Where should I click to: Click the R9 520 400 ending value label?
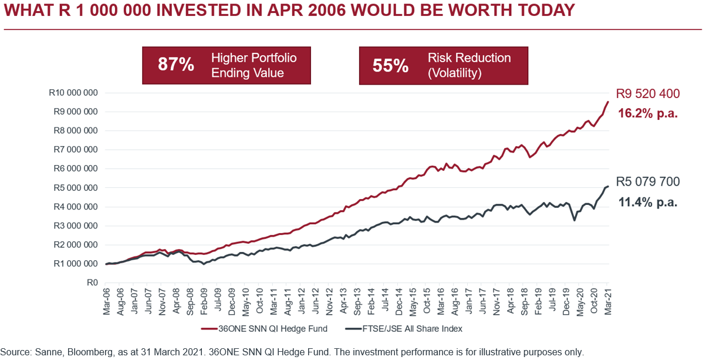pyautogui.click(x=647, y=93)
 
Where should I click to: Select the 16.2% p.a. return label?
pyautogui.click(x=648, y=113)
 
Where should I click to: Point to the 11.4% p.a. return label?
pyautogui.click(x=648, y=202)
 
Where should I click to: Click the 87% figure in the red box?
pyautogui.click(x=175, y=65)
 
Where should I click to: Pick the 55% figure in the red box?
pyautogui.click(x=390, y=65)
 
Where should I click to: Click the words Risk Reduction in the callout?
pyautogui.click(x=469, y=58)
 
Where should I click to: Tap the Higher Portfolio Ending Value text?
pyautogui.click(x=254, y=65)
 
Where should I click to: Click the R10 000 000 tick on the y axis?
pyautogui.click(x=73, y=93)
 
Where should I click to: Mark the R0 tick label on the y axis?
pyautogui.click(x=92, y=282)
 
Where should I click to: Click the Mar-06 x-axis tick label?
pyautogui.click(x=106, y=301)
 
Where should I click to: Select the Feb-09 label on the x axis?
pyautogui.click(x=204, y=301)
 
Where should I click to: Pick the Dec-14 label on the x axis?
pyautogui.click(x=399, y=301)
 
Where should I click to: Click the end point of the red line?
pyautogui.click(x=608, y=102)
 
